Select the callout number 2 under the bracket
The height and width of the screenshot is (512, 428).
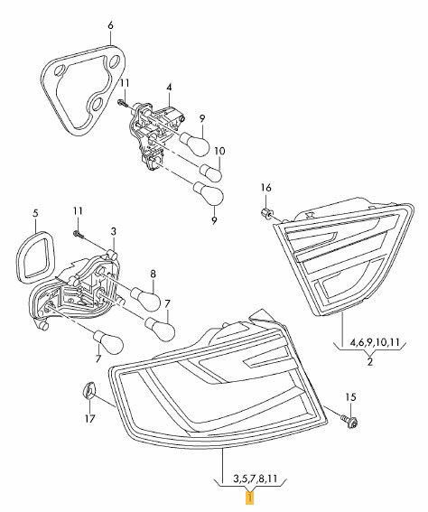click(x=369, y=362)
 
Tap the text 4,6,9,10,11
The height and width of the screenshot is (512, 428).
click(x=375, y=343)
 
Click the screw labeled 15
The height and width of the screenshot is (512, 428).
click(x=349, y=420)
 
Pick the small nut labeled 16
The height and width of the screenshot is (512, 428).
click(x=266, y=214)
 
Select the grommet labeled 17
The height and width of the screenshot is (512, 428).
click(x=88, y=390)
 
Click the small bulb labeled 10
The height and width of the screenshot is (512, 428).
click(x=211, y=172)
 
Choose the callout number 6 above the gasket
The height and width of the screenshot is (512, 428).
click(x=110, y=25)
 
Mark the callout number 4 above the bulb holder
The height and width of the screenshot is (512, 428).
click(x=169, y=88)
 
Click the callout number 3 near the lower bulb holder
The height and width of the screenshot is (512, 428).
click(x=113, y=231)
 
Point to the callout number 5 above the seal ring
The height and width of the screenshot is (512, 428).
click(x=35, y=213)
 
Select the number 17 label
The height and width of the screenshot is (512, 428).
click(x=90, y=418)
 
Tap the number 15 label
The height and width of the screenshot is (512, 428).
click(x=350, y=397)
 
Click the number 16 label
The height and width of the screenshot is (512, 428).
click(x=266, y=188)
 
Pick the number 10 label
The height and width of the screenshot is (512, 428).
click(x=219, y=151)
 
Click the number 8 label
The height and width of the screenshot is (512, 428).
click(x=154, y=274)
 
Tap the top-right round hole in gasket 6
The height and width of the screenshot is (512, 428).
click(x=115, y=61)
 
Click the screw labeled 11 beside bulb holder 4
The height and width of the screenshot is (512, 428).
click(x=122, y=103)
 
